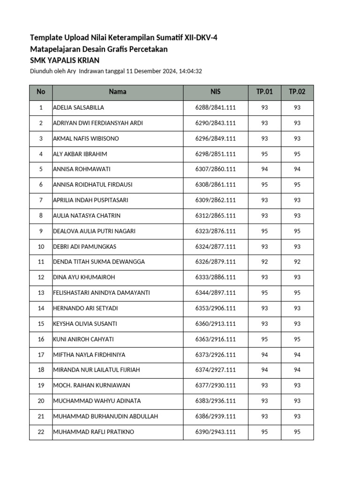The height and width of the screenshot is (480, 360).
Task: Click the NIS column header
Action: pyautogui.click(x=215, y=92)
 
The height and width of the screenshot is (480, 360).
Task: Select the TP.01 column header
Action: pyautogui.click(x=264, y=92)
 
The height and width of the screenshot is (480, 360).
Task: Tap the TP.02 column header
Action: pyautogui.click(x=297, y=92)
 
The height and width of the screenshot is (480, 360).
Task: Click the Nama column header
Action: pyautogui.click(x=118, y=92)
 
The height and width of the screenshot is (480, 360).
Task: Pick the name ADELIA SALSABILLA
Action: pyautogui.click(x=79, y=108)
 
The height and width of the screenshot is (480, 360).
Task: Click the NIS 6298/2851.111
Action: pyautogui.click(x=215, y=154)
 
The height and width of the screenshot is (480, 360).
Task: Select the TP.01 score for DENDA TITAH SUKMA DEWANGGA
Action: pyautogui.click(x=264, y=262)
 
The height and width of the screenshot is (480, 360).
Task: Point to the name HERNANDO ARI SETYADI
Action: pyautogui.click(x=85, y=308)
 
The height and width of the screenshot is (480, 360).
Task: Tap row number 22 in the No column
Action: pyautogui.click(x=41, y=432)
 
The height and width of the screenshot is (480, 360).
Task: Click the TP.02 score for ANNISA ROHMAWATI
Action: pyautogui.click(x=297, y=170)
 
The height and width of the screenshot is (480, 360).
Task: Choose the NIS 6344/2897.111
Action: pyautogui.click(x=215, y=293)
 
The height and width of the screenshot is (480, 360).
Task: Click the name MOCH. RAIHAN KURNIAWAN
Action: pyautogui.click(x=91, y=386)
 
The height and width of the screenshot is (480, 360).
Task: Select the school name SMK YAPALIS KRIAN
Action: pyautogui.click(x=65, y=60)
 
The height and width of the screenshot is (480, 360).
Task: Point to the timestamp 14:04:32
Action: pyautogui.click(x=190, y=71)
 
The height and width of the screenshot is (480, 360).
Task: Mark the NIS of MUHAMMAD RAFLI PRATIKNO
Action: pyautogui.click(x=215, y=432)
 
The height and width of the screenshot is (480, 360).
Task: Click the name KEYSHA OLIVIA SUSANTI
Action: pyautogui.click(x=85, y=324)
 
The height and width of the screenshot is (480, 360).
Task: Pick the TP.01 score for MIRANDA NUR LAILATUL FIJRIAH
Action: pyautogui.click(x=264, y=370)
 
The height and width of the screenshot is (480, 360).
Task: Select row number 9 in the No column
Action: pyautogui.click(x=41, y=232)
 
